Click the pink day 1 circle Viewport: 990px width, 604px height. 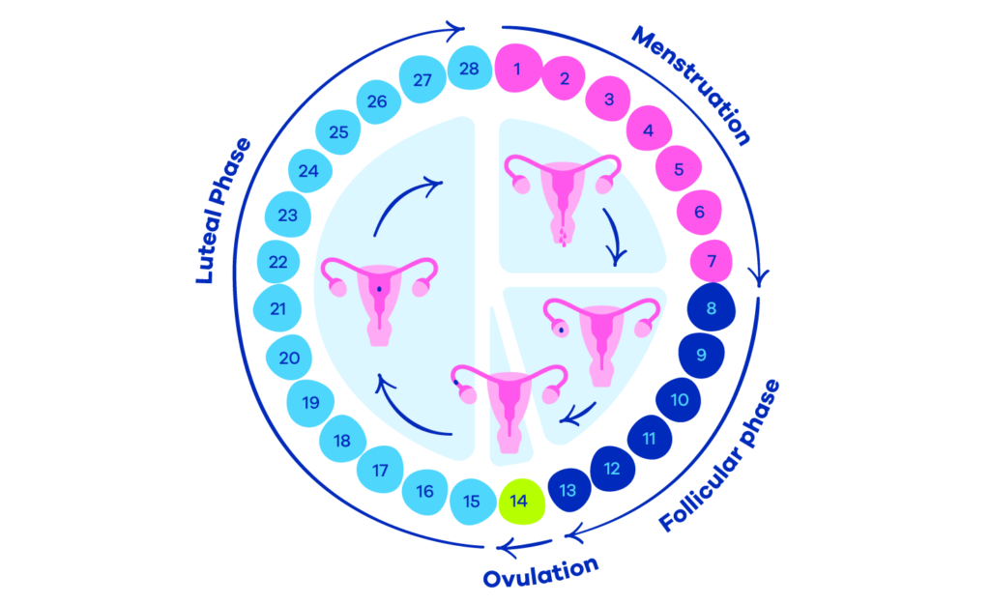[519, 69]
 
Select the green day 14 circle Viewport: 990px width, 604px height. [520, 503]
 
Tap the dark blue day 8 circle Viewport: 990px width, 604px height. [711, 309]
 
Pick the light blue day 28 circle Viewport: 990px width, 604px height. [470, 69]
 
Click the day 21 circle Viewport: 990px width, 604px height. [277, 309]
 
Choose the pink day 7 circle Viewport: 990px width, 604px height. [711, 261]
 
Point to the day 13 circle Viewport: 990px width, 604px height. [568, 490]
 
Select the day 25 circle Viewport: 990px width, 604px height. [337, 132]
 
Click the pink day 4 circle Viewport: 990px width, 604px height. [649, 129]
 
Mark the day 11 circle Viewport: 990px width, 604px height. [650, 440]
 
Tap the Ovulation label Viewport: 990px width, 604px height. [540, 571]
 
